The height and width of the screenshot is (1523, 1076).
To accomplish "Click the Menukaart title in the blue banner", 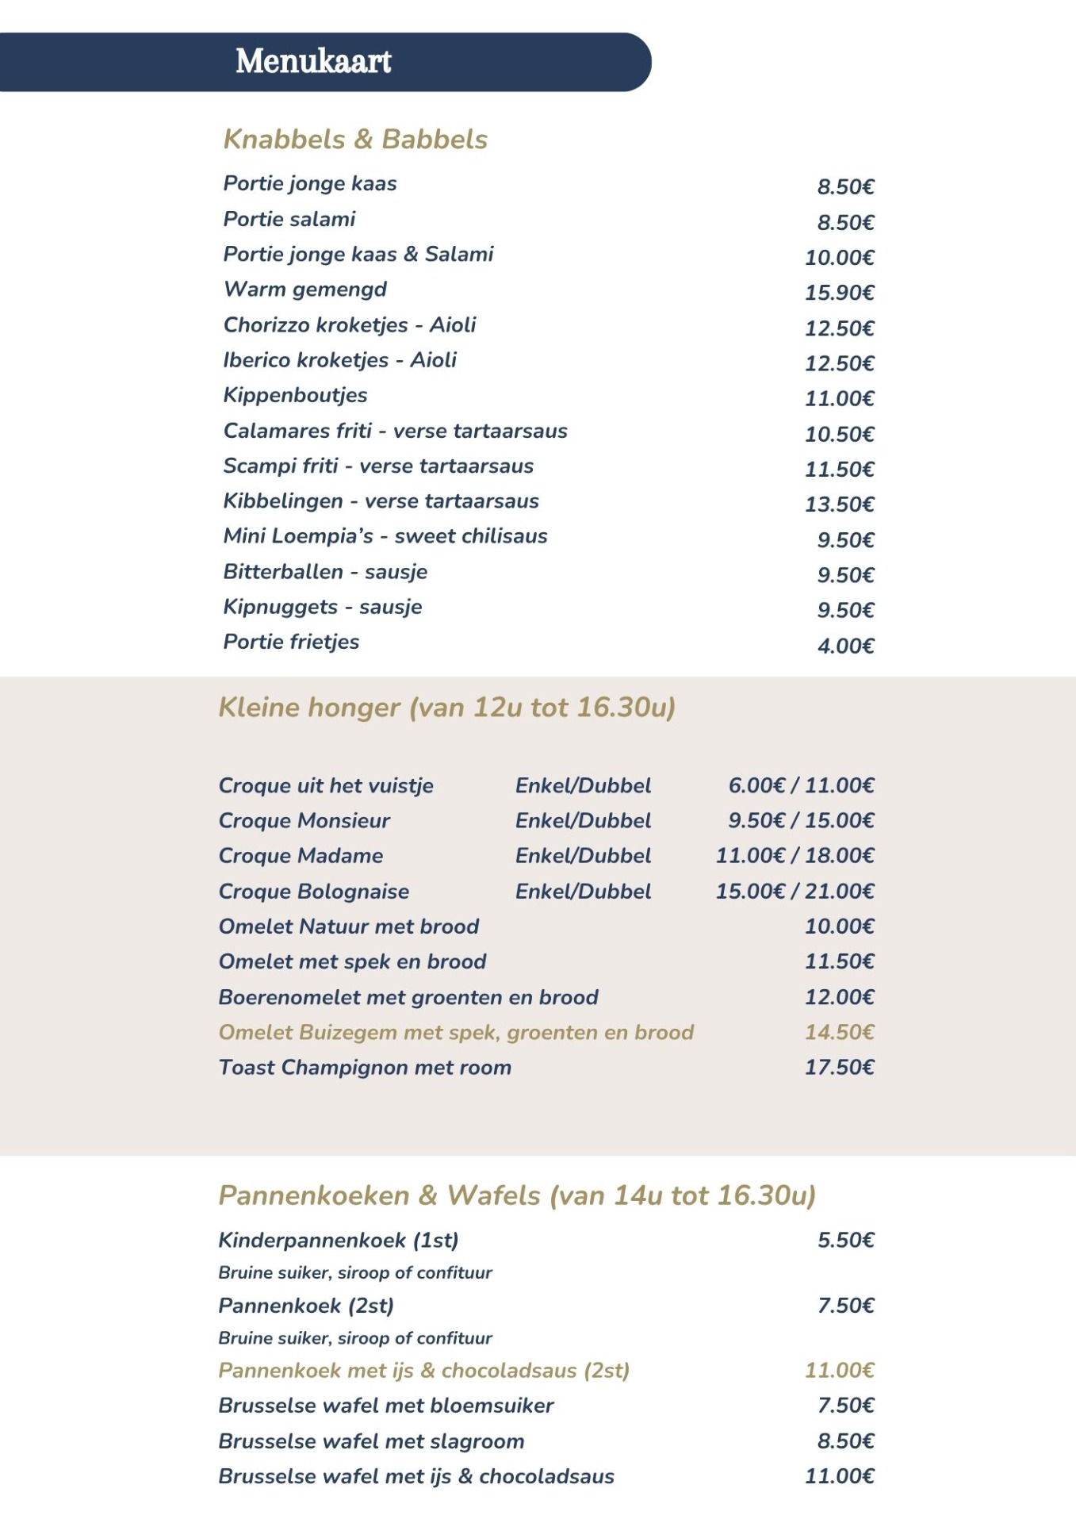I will click(x=313, y=62).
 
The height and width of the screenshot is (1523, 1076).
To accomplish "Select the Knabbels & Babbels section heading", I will click(x=355, y=140).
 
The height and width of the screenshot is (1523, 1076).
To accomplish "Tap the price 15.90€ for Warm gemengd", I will click(x=839, y=293).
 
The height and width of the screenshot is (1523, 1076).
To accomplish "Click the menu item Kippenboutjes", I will click(x=295, y=395).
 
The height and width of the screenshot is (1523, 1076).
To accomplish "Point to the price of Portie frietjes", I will click(x=845, y=646).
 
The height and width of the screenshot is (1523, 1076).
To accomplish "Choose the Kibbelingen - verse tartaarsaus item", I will click(x=381, y=501).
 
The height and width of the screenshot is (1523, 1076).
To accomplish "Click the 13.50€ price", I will click(x=839, y=504).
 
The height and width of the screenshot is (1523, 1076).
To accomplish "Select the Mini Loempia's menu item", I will click(x=385, y=536).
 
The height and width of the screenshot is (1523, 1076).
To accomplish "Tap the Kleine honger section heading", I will click(x=446, y=707).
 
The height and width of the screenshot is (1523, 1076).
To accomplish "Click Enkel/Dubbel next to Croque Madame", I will click(x=583, y=856).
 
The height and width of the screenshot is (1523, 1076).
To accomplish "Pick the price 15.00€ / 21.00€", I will click(x=795, y=892).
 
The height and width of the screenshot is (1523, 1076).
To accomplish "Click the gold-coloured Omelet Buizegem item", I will click(x=456, y=1032).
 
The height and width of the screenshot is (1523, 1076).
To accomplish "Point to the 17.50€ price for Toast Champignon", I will click(x=839, y=1068).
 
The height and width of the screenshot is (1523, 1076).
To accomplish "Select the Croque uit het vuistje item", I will click(x=326, y=785).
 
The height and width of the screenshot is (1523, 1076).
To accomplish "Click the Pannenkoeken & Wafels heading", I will click(x=517, y=1195).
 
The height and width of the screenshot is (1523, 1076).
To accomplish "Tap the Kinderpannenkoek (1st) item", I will click(x=339, y=1240).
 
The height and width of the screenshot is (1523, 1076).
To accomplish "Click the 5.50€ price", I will click(x=845, y=1240).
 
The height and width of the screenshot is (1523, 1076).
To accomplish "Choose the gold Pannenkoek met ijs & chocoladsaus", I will click(x=423, y=1371).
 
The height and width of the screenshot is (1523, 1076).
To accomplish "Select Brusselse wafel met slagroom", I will click(x=371, y=1441).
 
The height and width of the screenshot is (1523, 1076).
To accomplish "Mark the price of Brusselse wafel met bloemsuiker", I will click(x=845, y=1406).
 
